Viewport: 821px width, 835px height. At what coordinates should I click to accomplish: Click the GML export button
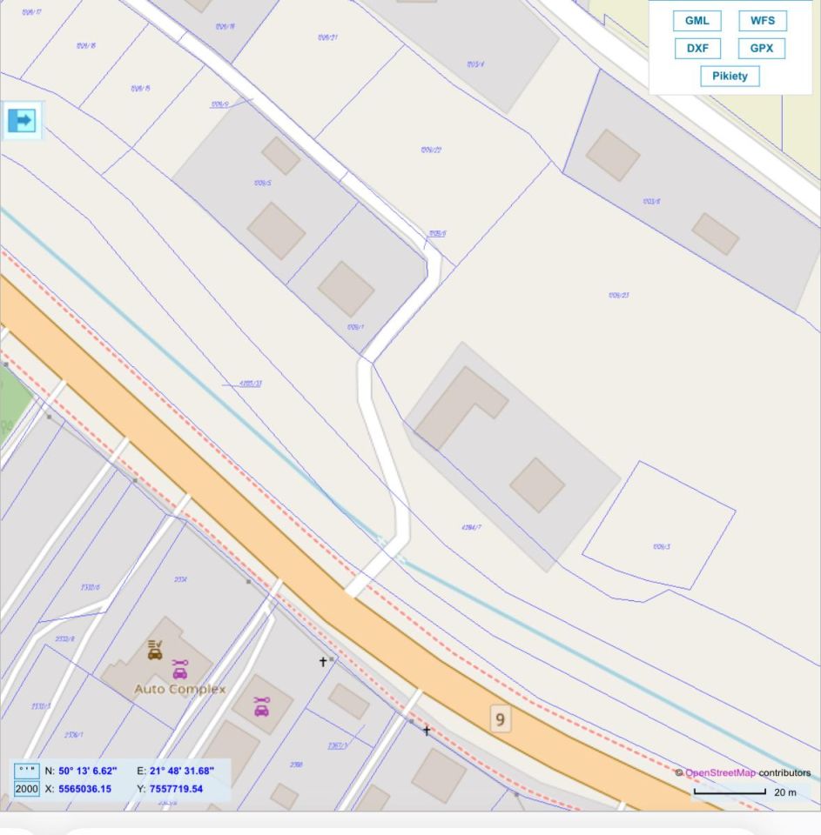point(697,21)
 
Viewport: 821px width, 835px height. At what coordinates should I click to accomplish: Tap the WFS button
point(762,21)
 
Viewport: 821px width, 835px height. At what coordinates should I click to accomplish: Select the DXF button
point(697,48)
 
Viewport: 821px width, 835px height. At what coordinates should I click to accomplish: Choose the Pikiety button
point(730,76)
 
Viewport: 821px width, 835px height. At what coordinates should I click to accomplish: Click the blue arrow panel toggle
point(22,120)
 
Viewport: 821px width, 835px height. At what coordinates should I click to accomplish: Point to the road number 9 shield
point(500,719)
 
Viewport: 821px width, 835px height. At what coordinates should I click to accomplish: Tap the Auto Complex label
point(179,689)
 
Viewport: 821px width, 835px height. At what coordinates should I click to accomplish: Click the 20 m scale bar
point(730,792)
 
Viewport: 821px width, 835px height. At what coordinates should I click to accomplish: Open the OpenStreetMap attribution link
point(720,772)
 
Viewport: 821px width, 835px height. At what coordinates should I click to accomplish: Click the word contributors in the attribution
point(784,772)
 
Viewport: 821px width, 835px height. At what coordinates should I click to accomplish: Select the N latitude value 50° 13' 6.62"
point(87,771)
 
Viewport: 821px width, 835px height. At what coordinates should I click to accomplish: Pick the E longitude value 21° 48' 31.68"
point(181,771)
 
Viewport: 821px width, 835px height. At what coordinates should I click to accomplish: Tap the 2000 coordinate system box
point(26,789)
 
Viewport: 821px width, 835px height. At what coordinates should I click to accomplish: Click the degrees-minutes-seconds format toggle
point(26,771)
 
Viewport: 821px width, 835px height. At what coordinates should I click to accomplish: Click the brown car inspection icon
point(155,650)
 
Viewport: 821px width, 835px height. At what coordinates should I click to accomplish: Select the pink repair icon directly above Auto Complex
point(179,669)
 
